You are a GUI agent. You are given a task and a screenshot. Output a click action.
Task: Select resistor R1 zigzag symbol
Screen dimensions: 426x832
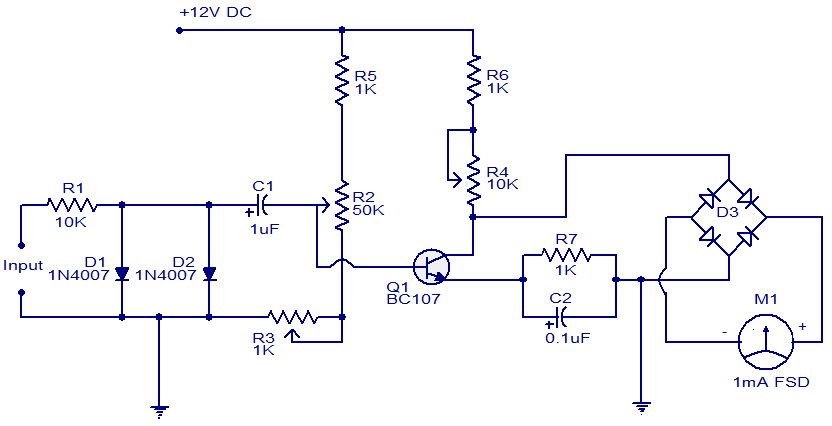[x=70, y=204]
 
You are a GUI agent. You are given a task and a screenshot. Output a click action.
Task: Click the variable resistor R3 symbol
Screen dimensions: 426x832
[x=291, y=318]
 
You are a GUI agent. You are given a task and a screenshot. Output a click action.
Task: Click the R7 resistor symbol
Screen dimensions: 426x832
[x=567, y=257]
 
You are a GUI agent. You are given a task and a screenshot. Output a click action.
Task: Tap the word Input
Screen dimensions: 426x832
[x=22, y=266]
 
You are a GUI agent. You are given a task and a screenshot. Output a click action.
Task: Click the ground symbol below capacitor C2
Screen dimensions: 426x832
[x=640, y=405]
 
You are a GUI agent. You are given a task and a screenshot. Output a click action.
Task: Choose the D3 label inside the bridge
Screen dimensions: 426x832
[x=727, y=212]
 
